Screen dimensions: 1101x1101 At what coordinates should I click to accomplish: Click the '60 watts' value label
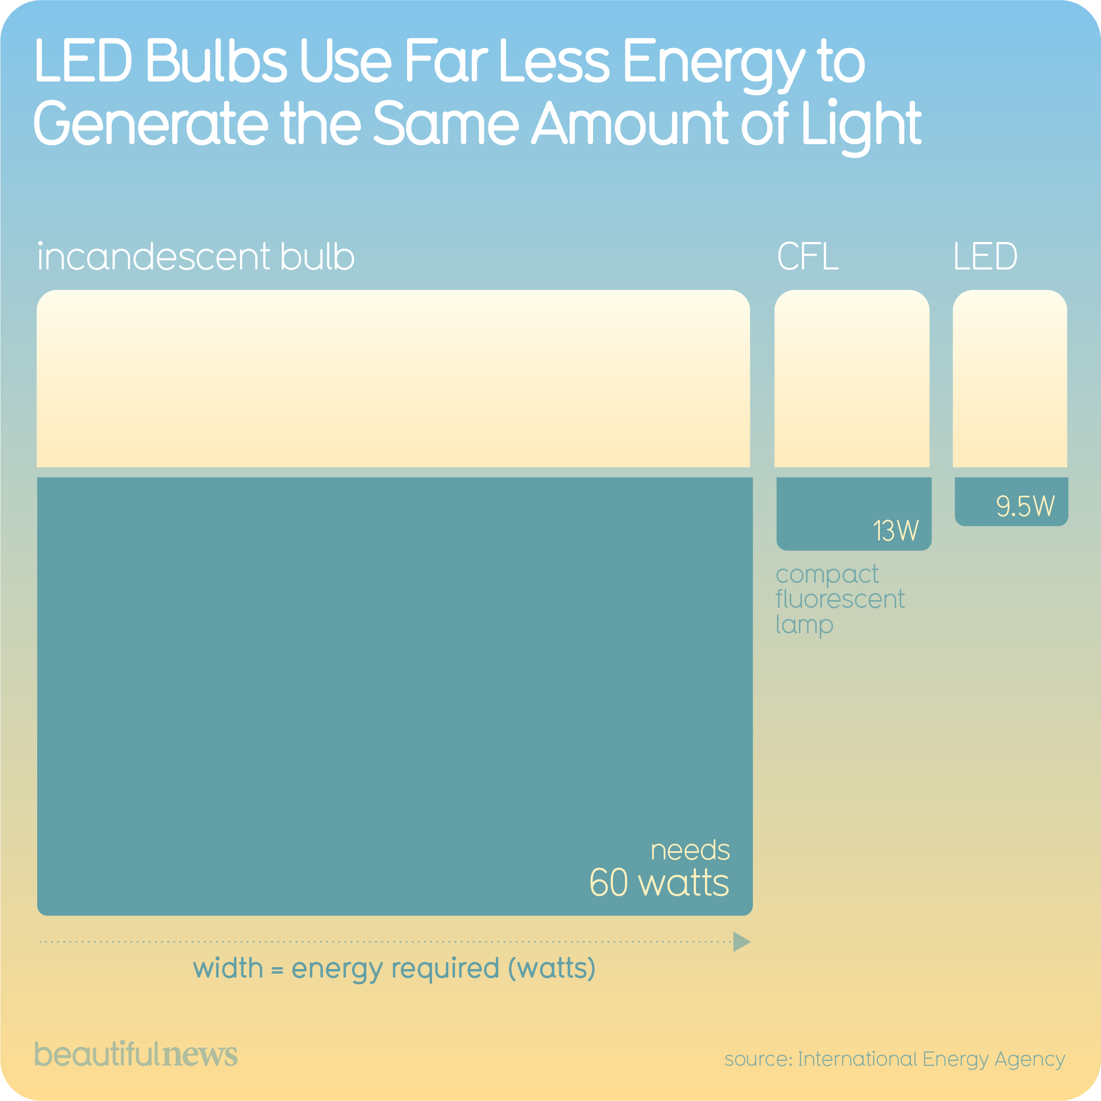[x=659, y=883]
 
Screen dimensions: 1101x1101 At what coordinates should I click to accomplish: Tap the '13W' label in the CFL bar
[x=896, y=530]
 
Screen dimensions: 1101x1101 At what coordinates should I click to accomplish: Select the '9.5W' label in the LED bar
[x=1025, y=506]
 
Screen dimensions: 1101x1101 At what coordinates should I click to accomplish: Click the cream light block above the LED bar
[x=1010, y=379]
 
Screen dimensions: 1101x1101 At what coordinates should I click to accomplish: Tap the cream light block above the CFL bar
[x=852, y=379]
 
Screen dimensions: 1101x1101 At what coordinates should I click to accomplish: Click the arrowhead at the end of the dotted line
[x=741, y=942]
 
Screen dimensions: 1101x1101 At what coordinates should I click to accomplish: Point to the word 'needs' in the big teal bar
[x=690, y=850]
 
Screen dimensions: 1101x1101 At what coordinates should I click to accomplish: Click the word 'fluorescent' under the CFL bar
[x=840, y=600]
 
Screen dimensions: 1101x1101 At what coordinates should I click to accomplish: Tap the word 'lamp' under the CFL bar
[x=804, y=625]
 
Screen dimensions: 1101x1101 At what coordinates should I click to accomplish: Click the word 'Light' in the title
[x=861, y=124]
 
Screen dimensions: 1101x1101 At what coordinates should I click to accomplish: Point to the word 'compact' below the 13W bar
[x=827, y=574]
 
